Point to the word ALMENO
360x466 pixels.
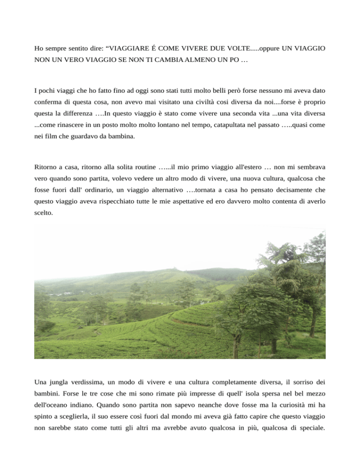[173, 61]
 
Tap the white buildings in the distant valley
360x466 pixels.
[69, 293]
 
